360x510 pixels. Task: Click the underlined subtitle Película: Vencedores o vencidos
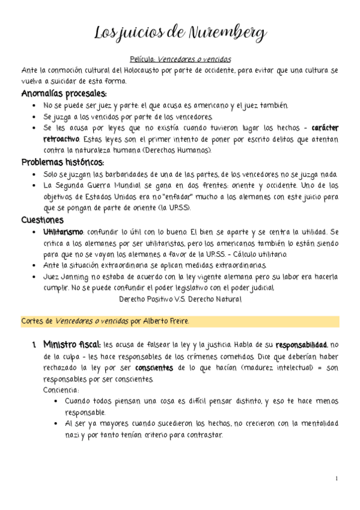[x=180, y=60]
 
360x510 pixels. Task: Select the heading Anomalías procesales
[x=64, y=93]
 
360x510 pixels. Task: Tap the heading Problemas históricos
[x=63, y=162]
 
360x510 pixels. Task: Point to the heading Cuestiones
[x=43, y=220]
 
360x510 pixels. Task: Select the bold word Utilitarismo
[x=64, y=232]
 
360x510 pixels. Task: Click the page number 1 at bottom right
[x=338, y=478]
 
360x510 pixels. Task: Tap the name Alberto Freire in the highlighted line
[x=166, y=321]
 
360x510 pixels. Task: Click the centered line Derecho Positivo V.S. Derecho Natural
[x=180, y=299]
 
